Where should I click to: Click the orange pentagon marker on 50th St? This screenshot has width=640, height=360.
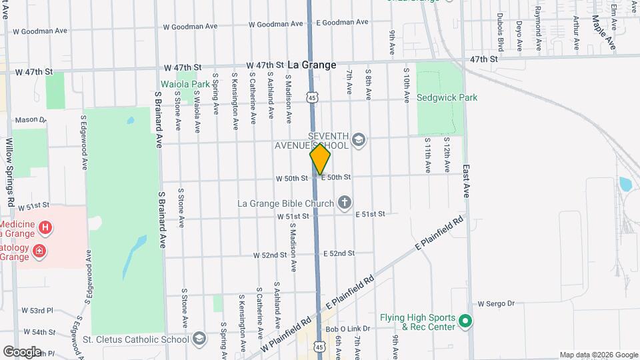tap(320, 159)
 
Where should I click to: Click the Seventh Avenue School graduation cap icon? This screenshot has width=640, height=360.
tap(359, 140)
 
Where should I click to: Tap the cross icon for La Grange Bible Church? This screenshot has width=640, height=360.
tap(345, 202)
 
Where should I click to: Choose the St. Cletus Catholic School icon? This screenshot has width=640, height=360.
tap(199, 339)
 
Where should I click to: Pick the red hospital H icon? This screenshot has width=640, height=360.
tap(45, 228)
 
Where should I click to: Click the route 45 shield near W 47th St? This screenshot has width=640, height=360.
tap(312, 97)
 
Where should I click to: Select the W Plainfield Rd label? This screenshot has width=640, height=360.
tap(287, 334)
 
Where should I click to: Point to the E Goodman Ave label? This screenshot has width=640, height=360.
tap(342, 22)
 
